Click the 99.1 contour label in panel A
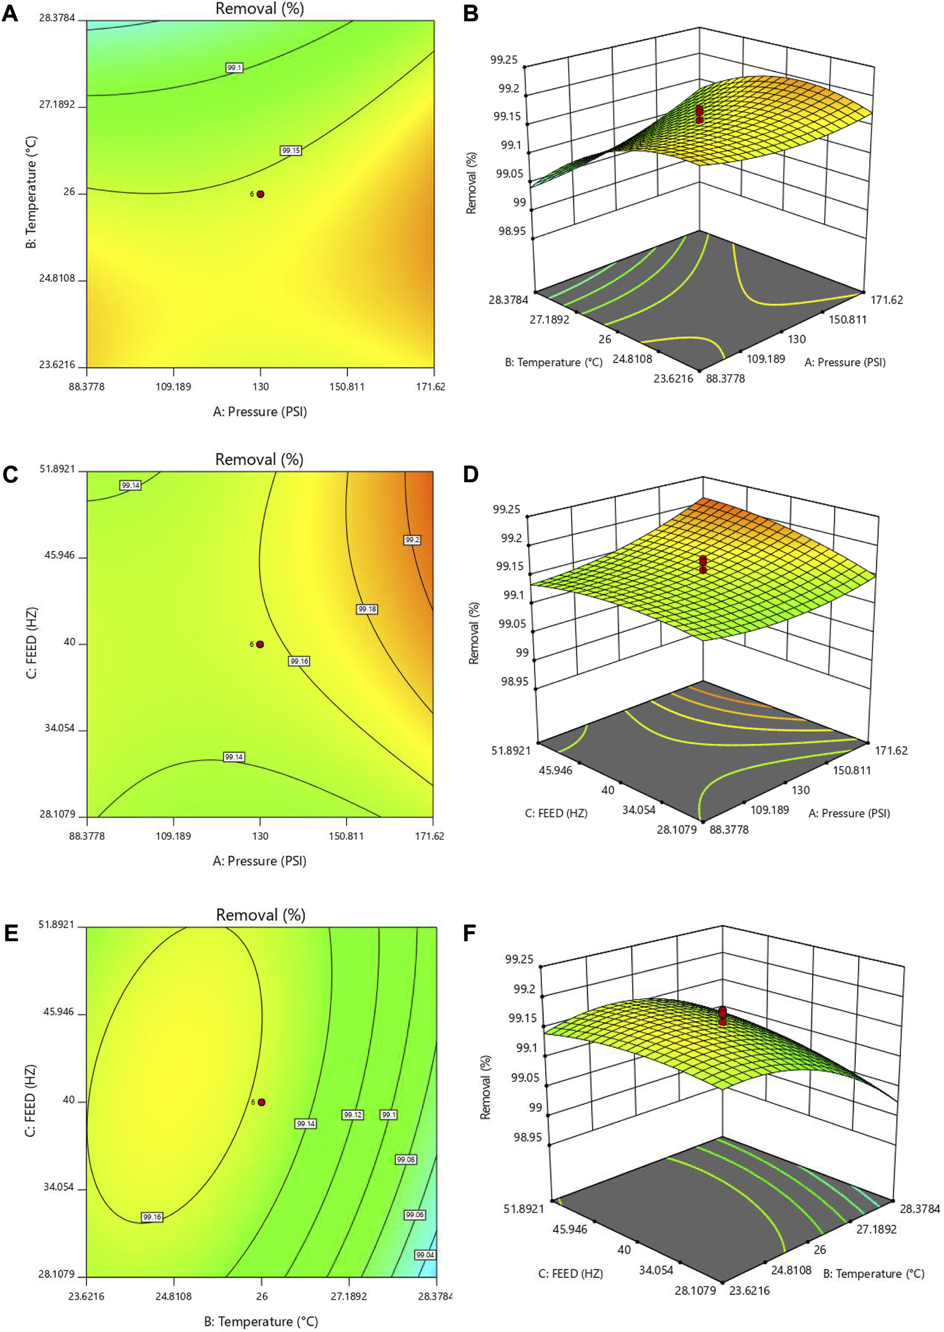(234, 68)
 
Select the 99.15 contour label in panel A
(291, 151)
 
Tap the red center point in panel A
(260, 194)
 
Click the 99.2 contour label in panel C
(412, 540)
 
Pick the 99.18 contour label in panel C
(367, 609)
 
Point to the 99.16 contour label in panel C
(299, 661)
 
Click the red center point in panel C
(260, 645)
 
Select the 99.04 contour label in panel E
(425, 1254)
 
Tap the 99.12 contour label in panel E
(353, 1115)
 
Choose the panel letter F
(470, 933)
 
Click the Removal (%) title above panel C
(259, 460)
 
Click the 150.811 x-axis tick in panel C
(346, 836)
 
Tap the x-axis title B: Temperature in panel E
(261, 1321)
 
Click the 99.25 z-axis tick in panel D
(506, 510)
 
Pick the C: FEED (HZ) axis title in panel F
(570, 1273)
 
